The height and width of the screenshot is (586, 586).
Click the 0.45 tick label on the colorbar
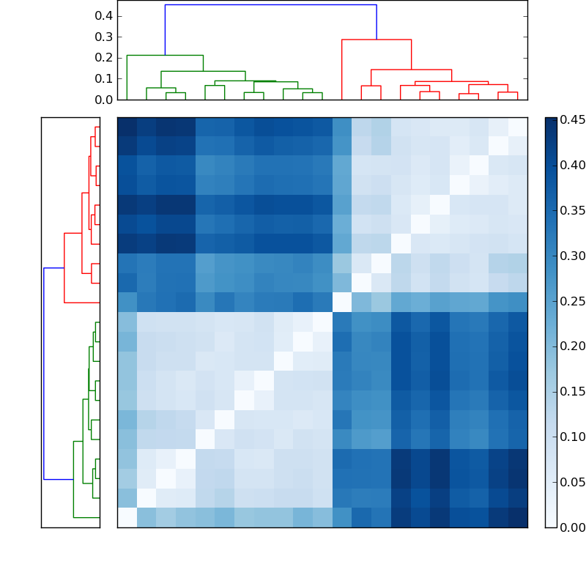click(571, 120)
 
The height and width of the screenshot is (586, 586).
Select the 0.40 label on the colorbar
click(571, 166)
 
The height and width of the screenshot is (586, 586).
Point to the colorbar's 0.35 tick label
click(571, 211)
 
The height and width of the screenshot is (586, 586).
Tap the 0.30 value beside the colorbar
click(571, 256)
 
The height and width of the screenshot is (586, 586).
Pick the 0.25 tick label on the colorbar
click(571, 301)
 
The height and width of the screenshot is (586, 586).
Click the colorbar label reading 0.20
click(571, 346)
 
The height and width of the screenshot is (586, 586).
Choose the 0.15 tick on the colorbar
click(571, 392)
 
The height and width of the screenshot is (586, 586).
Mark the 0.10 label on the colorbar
click(571, 437)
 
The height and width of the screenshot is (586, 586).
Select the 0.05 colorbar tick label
click(571, 482)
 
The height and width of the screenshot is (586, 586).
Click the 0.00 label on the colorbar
click(571, 527)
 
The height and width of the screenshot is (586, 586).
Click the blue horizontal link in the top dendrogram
click(270, 5)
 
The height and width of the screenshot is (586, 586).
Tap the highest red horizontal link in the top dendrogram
click(376, 40)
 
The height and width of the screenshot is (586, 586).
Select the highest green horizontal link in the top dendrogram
click(165, 56)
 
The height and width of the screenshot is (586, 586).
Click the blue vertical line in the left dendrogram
click(44, 374)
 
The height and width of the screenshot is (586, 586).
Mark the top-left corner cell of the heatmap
click(127, 127)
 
